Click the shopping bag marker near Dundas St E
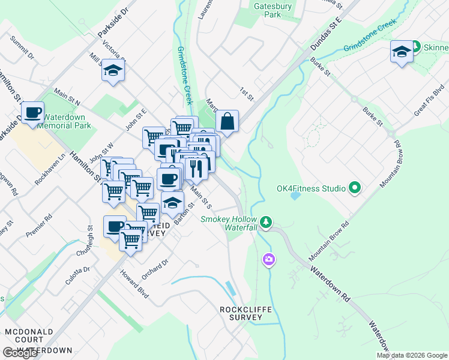tap(228, 121)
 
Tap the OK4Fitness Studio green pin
tap(354, 188)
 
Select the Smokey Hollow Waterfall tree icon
tap(266, 223)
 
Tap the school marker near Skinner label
tap(401, 52)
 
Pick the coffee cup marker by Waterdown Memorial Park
tap(33, 112)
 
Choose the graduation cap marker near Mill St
tap(112, 70)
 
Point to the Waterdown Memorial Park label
tap(64, 121)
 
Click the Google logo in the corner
tap(20, 353)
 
